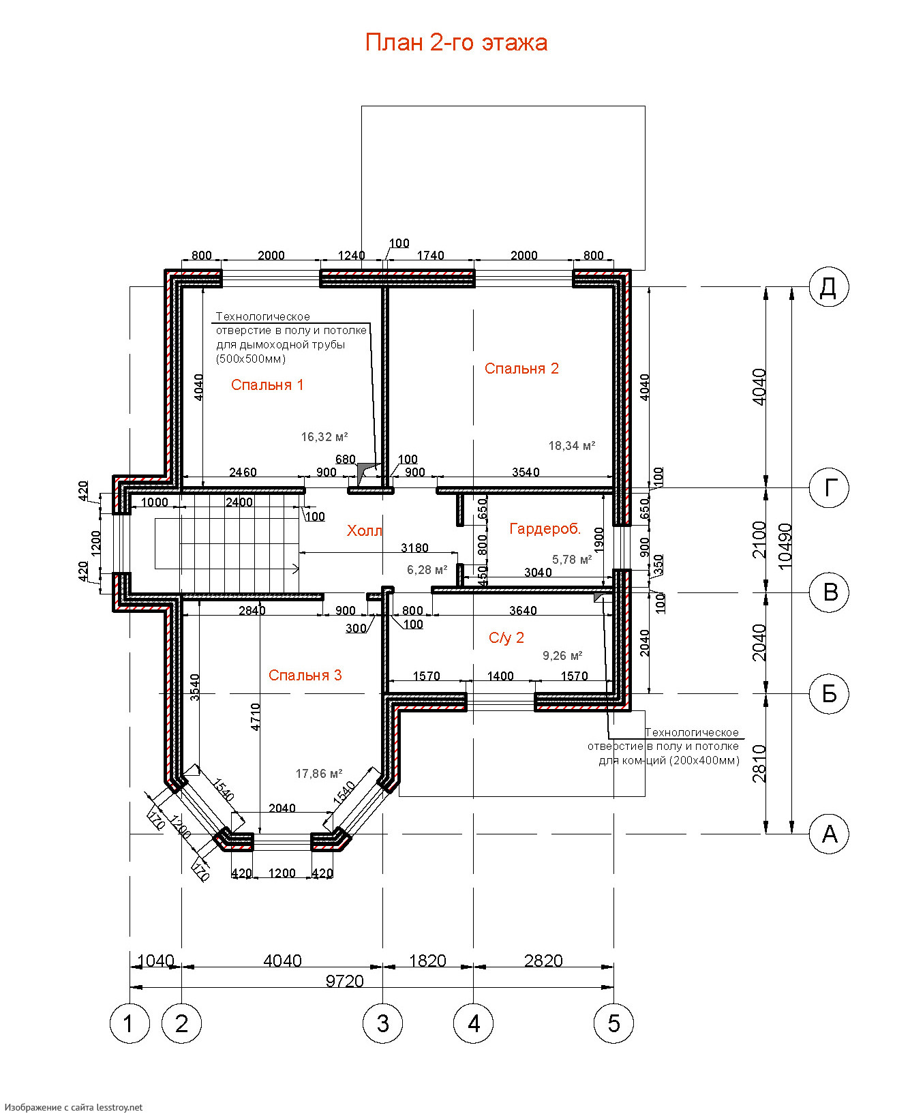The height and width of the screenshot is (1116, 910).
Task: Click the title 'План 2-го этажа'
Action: pyautogui.click(x=456, y=42)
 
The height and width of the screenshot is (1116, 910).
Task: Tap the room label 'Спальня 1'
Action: pyautogui.click(x=267, y=385)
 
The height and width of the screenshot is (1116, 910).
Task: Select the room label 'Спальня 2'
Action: pyautogui.click(x=521, y=369)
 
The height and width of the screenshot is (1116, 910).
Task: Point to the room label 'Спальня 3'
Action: pyautogui.click(x=305, y=676)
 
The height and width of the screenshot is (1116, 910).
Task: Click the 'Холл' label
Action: pyautogui.click(x=365, y=531)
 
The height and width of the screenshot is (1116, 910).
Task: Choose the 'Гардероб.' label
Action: pyautogui.click(x=545, y=529)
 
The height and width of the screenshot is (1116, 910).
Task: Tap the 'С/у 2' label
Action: pyautogui.click(x=506, y=638)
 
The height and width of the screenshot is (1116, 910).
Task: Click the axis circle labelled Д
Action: pyautogui.click(x=829, y=287)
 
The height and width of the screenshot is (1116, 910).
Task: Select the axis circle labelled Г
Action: pyautogui.click(x=829, y=488)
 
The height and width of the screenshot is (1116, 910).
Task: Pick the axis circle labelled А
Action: pyautogui.click(x=829, y=834)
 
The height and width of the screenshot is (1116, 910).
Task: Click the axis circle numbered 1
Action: pyautogui.click(x=130, y=1023)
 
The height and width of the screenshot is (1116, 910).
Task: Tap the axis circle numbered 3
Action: pyautogui.click(x=382, y=1023)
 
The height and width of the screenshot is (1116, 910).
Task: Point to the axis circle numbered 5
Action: pyautogui.click(x=614, y=1023)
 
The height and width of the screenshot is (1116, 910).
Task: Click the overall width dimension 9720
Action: pyautogui.click(x=345, y=981)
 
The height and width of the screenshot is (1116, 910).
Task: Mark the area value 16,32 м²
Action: pyautogui.click(x=324, y=437)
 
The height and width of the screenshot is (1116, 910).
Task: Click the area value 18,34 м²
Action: pyautogui.click(x=572, y=446)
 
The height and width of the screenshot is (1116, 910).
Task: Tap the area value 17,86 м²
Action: pyautogui.click(x=319, y=774)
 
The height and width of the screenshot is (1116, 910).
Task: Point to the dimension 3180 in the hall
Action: pyautogui.click(x=414, y=548)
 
